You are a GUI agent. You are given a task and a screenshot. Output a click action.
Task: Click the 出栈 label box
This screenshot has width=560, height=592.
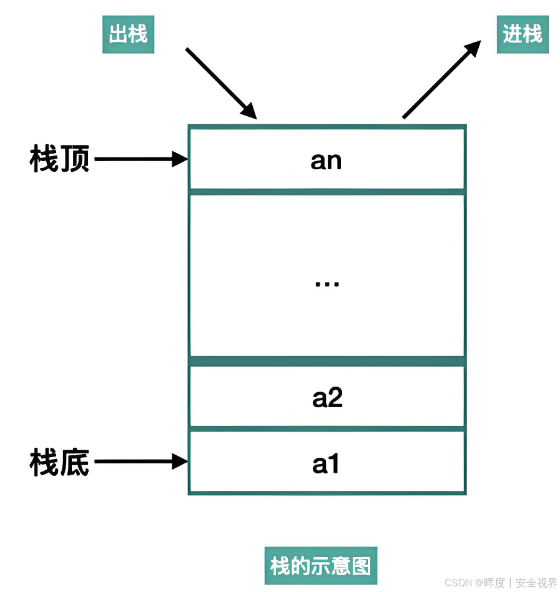128,34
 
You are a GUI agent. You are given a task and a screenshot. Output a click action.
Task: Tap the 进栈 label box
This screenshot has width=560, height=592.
523,34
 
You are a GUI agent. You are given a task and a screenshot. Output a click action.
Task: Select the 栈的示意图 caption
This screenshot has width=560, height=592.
320,566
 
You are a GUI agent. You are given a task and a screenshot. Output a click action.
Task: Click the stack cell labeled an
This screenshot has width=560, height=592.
327,160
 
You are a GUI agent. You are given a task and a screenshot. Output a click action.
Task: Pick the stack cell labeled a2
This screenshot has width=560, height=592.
327,397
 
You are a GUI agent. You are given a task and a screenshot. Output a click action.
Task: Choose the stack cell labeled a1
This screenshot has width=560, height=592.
326,463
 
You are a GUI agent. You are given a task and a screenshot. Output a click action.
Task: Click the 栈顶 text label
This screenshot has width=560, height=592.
60,160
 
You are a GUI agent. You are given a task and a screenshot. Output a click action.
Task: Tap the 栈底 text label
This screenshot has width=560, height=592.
60,463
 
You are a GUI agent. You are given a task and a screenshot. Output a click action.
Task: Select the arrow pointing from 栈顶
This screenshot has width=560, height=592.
140,160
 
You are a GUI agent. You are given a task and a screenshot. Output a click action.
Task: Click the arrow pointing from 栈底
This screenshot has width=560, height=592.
140,462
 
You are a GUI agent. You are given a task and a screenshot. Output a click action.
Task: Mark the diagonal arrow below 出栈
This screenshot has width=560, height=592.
221,83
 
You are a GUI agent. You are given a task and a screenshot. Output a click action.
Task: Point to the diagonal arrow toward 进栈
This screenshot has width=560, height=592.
441,79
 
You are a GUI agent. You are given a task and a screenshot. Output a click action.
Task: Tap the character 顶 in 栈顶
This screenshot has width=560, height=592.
75,160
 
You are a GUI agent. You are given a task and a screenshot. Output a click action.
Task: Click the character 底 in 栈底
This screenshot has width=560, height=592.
75,463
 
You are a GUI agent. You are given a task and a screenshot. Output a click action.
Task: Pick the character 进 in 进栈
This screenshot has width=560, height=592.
513,34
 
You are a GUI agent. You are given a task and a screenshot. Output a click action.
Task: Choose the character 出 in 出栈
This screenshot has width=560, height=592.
118,34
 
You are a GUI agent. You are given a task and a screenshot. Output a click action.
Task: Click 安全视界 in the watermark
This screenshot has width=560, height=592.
536,583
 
